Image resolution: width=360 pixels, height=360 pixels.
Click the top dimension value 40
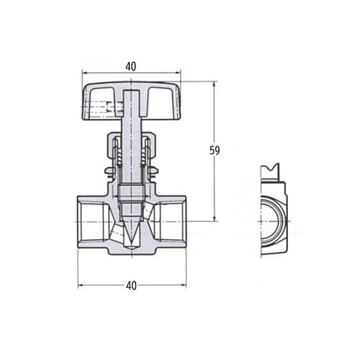click(x=130, y=66)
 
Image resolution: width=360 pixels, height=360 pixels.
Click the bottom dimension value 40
click(x=131, y=285)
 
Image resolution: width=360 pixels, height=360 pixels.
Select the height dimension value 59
click(x=214, y=150)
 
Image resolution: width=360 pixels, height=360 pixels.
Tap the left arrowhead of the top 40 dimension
click(x=84, y=72)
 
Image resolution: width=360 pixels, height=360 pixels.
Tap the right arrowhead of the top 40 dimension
click(x=178, y=72)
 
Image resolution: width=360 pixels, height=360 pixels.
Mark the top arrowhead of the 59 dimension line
click(x=214, y=84)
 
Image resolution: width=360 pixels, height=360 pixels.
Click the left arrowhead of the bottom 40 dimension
click(x=80, y=285)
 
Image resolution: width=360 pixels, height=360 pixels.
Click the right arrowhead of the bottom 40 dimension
click(x=183, y=285)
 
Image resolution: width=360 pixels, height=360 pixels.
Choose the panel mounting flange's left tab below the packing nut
click(x=109, y=171)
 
